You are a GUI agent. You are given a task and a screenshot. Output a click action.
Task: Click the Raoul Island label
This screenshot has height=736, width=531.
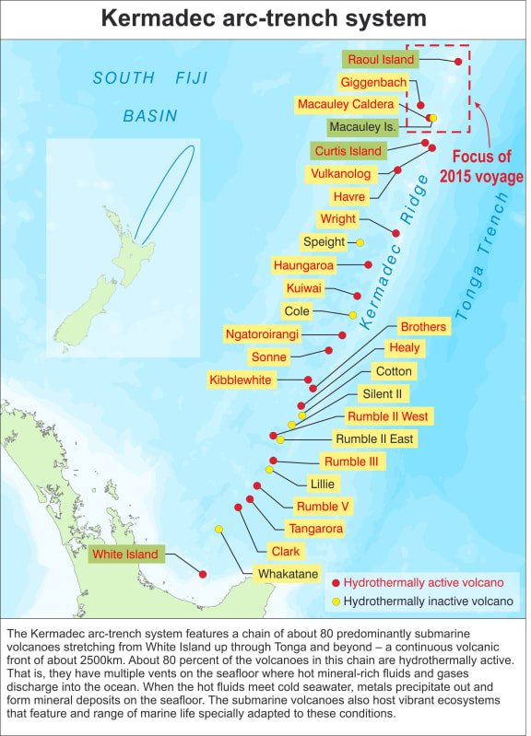[380, 59]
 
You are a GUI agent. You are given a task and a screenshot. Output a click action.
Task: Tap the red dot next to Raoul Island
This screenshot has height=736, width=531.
[458, 61]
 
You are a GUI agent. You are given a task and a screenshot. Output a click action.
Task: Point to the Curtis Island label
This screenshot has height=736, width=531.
[348, 150]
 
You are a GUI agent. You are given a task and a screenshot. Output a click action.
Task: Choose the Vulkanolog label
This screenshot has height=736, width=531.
[342, 173]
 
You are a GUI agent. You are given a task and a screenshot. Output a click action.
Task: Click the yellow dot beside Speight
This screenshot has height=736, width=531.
[360, 242]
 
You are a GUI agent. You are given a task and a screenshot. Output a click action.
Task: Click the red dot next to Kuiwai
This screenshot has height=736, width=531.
[358, 295]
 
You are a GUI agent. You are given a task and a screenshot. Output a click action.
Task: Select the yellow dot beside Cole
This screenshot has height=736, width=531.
[353, 315]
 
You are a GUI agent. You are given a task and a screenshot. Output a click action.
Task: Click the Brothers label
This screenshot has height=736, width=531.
[423, 326]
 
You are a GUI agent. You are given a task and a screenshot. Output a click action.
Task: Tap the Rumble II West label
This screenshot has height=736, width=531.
[387, 416]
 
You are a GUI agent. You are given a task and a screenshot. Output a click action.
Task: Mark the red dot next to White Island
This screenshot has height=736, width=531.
[203, 574]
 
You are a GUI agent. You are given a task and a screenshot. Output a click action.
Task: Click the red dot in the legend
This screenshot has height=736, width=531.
[336, 584]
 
